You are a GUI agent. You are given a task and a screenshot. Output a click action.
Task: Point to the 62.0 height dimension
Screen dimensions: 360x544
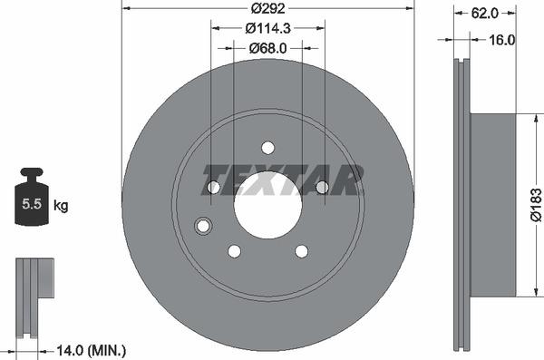click(x=485, y=15)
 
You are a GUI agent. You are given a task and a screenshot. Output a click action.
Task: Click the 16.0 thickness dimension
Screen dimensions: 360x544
click(x=501, y=40)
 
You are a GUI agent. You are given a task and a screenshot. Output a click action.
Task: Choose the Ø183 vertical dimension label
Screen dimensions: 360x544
click(x=535, y=204)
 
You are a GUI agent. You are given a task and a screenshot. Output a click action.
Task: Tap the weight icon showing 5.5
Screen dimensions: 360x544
click(x=32, y=199)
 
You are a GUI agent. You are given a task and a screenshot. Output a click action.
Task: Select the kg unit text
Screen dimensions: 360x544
click(x=61, y=206)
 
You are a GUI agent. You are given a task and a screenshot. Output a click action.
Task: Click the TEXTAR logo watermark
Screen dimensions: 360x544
click(x=282, y=180)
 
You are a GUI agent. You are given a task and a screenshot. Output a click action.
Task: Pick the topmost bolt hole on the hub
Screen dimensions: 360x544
click(x=267, y=148)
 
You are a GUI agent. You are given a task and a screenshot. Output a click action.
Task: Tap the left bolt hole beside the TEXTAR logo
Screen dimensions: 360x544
click(x=213, y=188)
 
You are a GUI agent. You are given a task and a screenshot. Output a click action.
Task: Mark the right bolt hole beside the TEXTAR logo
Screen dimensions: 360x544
click(x=322, y=188)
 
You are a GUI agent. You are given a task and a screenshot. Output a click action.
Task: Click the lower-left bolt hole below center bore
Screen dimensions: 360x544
click(x=234, y=250)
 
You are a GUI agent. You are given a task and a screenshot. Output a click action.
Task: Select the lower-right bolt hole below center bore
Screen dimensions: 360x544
click(x=301, y=250)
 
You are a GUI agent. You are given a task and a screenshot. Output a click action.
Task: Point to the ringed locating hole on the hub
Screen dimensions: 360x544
click(x=203, y=226)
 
